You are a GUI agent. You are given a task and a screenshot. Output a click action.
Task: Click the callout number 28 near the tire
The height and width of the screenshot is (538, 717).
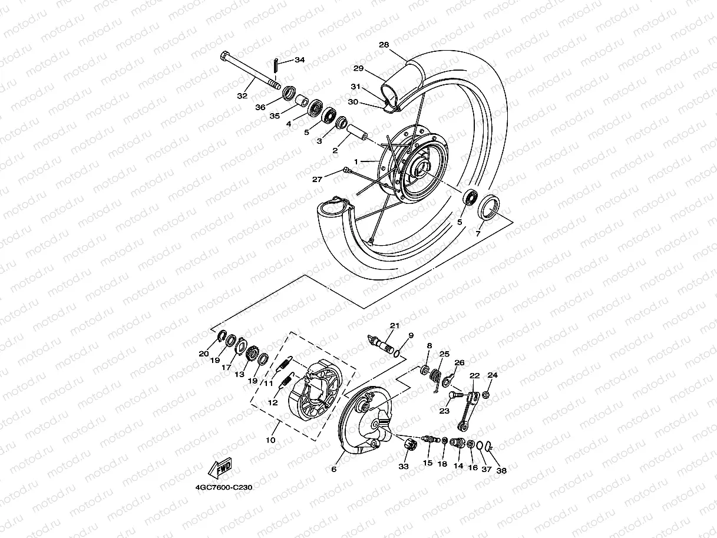(x=384, y=45)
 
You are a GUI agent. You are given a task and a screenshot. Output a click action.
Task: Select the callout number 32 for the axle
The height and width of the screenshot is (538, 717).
(x=242, y=95)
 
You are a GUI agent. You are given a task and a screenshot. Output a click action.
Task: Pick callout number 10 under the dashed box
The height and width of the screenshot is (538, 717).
(x=270, y=440)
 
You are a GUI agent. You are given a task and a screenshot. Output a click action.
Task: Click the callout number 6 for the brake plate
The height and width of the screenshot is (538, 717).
(x=333, y=470)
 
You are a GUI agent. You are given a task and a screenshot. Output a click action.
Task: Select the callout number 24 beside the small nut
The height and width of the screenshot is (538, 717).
(x=493, y=375)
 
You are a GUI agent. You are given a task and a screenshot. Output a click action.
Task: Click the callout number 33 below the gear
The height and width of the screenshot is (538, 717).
(x=403, y=467)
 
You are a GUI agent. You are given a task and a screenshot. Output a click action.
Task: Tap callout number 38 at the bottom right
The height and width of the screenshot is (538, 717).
(x=501, y=471)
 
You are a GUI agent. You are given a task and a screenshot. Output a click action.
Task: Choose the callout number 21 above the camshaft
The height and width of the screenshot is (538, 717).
(x=394, y=326)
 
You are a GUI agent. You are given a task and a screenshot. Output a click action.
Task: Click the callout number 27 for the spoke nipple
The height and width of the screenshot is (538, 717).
(x=318, y=179)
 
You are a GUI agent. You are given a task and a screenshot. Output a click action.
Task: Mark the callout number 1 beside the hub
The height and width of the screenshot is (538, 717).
(x=356, y=161)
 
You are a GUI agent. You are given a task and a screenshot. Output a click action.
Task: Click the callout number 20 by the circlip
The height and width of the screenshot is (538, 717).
(x=204, y=354)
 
